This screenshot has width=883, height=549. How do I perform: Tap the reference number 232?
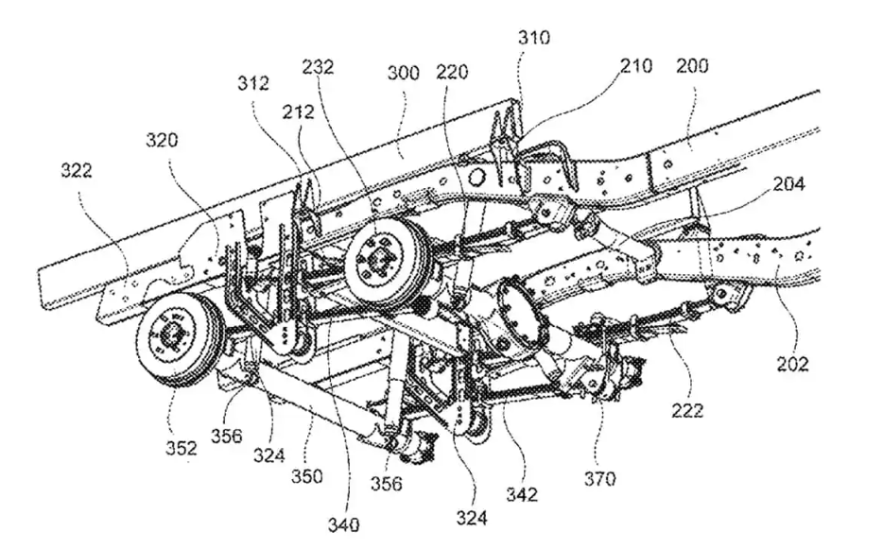318,67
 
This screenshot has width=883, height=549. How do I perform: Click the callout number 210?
635,68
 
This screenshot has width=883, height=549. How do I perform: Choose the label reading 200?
693,67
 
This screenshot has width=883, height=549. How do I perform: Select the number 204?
788,185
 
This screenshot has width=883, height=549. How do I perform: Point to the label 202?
795,362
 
